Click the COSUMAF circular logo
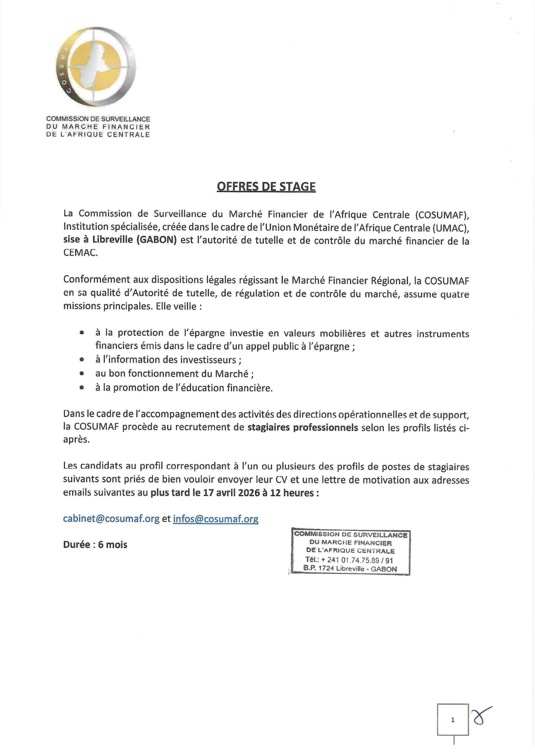95,68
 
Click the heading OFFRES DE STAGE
266,187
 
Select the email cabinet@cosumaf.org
111,519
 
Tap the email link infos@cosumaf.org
215,519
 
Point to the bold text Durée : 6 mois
95,545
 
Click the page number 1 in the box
453,720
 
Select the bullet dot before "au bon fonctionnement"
82,374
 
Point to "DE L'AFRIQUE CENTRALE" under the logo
98,134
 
